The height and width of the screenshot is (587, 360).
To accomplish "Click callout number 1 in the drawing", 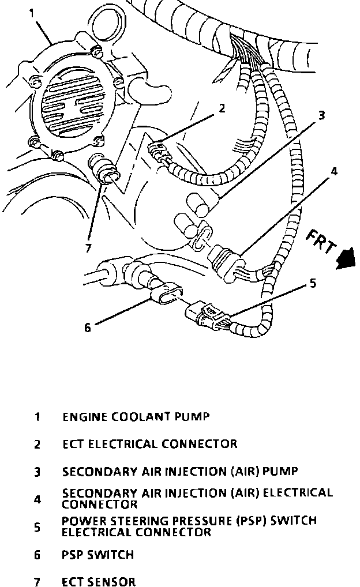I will click(x=31, y=12).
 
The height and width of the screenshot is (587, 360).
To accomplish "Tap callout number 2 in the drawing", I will click(x=221, y=108).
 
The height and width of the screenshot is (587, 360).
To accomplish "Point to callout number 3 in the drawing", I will click(x=321, y=115).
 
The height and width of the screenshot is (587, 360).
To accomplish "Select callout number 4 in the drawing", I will click(x=334, y=171).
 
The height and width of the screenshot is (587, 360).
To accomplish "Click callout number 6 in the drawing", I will click(x=88, y=328).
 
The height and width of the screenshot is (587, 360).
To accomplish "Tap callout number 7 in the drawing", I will click(x=88, y=249).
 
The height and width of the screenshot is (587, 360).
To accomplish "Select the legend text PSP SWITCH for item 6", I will click(x=97, y=555).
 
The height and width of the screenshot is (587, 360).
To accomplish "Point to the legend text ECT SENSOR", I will click(x=99, y=582).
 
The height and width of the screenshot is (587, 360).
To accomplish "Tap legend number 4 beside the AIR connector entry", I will click(x=37, y=499).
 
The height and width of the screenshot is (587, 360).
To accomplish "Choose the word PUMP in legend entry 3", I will click(x=280, y=472).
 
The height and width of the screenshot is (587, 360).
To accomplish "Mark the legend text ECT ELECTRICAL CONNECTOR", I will click(x=149, y=444).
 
